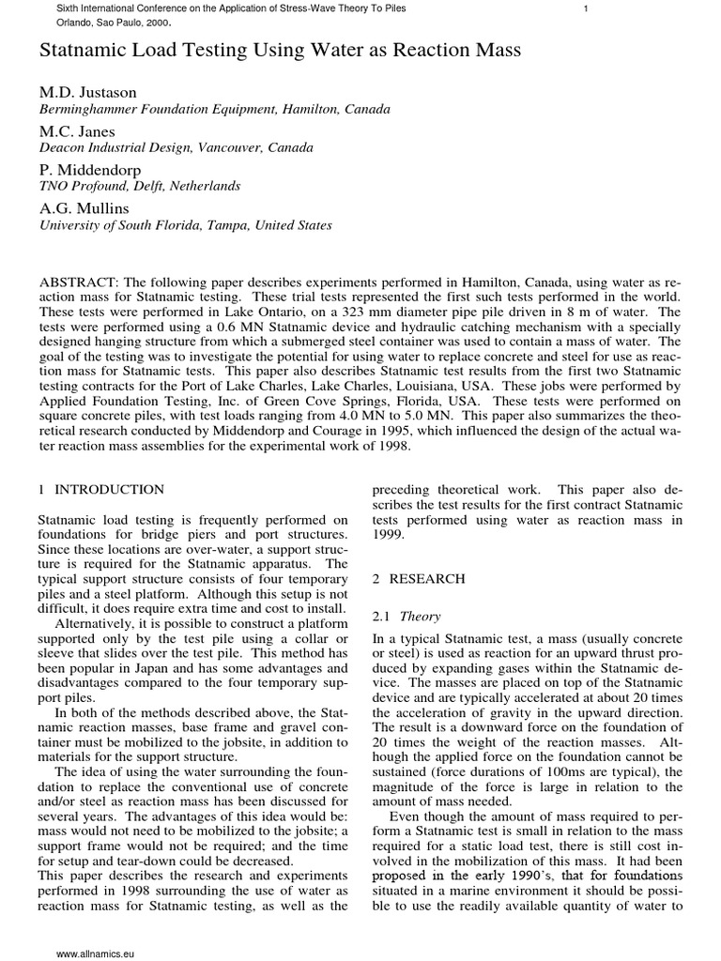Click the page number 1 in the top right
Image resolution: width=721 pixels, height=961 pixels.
tap(586, 8)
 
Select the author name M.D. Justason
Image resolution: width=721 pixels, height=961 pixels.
tap(87, 93)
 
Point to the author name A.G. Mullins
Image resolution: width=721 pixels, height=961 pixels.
tap(84, 208)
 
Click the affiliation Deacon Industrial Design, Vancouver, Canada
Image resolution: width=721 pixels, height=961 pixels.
tap(176, 148)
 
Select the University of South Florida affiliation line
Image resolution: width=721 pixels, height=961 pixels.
tap(185, 225)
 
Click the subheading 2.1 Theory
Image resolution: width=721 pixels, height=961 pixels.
tap(400, 616)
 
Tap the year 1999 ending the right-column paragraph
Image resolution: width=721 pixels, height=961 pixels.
tap(388, 535)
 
